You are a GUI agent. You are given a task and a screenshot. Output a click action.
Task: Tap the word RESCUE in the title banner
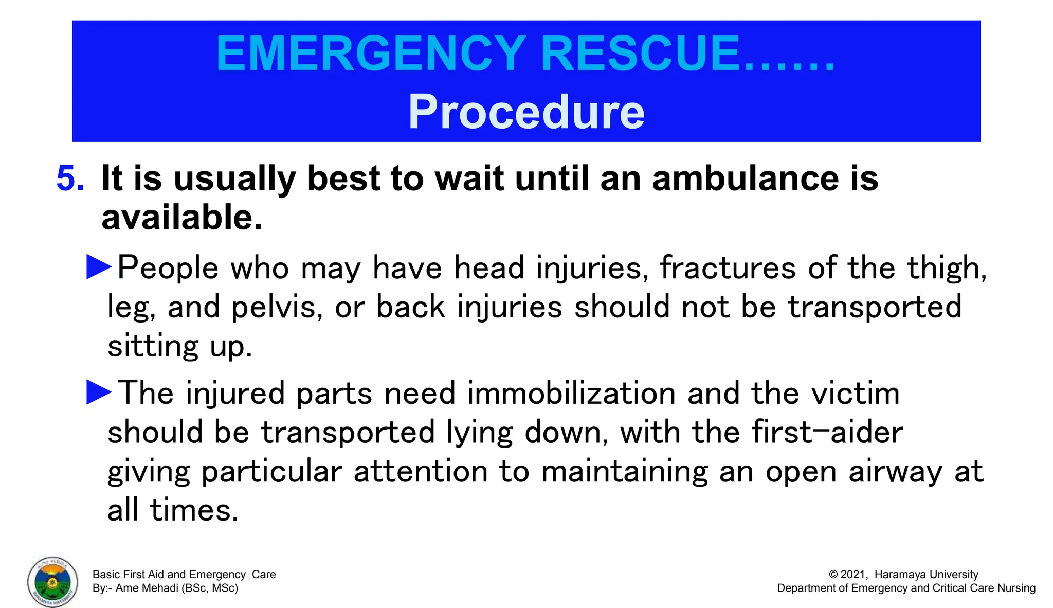tap(640, 54)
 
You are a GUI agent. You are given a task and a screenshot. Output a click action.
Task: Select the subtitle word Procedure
tap(526, 112)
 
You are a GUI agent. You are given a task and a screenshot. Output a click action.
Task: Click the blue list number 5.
tap(69, 178)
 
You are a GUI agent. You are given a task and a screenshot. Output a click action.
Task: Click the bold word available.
tap(181, 218)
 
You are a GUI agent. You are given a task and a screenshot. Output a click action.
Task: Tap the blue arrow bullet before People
tap(99, 267)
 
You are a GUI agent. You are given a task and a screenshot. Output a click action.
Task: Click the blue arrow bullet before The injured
tap(99, 392)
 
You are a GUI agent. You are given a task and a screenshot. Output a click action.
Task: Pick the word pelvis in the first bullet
tap(277, 307)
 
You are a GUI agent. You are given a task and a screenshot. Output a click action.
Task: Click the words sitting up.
tap(179, 346)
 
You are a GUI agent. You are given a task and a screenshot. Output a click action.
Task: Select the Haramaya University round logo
tap(53, 582)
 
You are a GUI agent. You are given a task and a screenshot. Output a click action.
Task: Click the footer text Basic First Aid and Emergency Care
tap(184, 575)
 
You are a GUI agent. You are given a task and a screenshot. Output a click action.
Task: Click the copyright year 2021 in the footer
tap(854, 575)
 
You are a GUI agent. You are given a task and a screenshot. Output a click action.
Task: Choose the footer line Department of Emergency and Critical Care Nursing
tap(906, 588)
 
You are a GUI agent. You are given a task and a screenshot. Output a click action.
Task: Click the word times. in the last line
tap(194, 511)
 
